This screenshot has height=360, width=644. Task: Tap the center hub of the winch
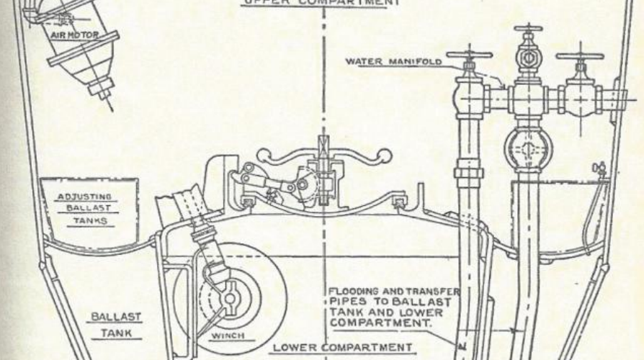coord(231,296)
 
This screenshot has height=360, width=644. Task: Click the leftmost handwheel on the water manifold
coord(469,55)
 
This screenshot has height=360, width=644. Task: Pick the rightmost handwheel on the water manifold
coord(579,56)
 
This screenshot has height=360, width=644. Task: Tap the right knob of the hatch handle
coord(386,154)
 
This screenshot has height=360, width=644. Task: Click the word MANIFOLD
coord(417,61)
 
